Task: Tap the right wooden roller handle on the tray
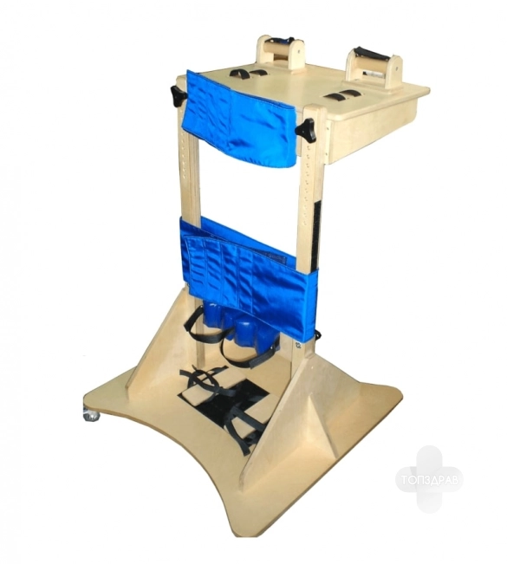374,70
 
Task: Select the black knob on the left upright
178,95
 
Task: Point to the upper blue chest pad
239,120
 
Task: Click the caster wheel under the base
92,414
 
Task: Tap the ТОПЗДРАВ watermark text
430,480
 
